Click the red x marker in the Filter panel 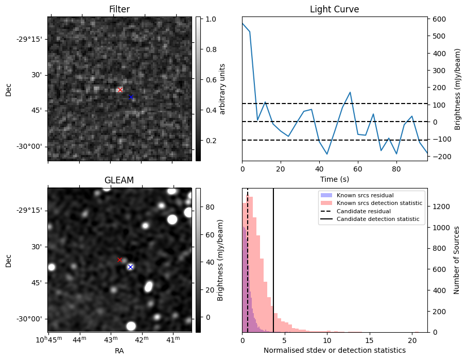[x=120, y=90]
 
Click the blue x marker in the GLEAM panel [x=130, y=267]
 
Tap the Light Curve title [x=334, y=9]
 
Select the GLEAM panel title [x=119, y=180]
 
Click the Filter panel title [x=119, y=9]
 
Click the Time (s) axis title [x=334, y=179]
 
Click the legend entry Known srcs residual [x=365, y=196]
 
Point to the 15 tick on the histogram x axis [x=370, y=340]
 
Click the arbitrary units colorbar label [x=222, y=89]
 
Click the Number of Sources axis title [x=456, y=260]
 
